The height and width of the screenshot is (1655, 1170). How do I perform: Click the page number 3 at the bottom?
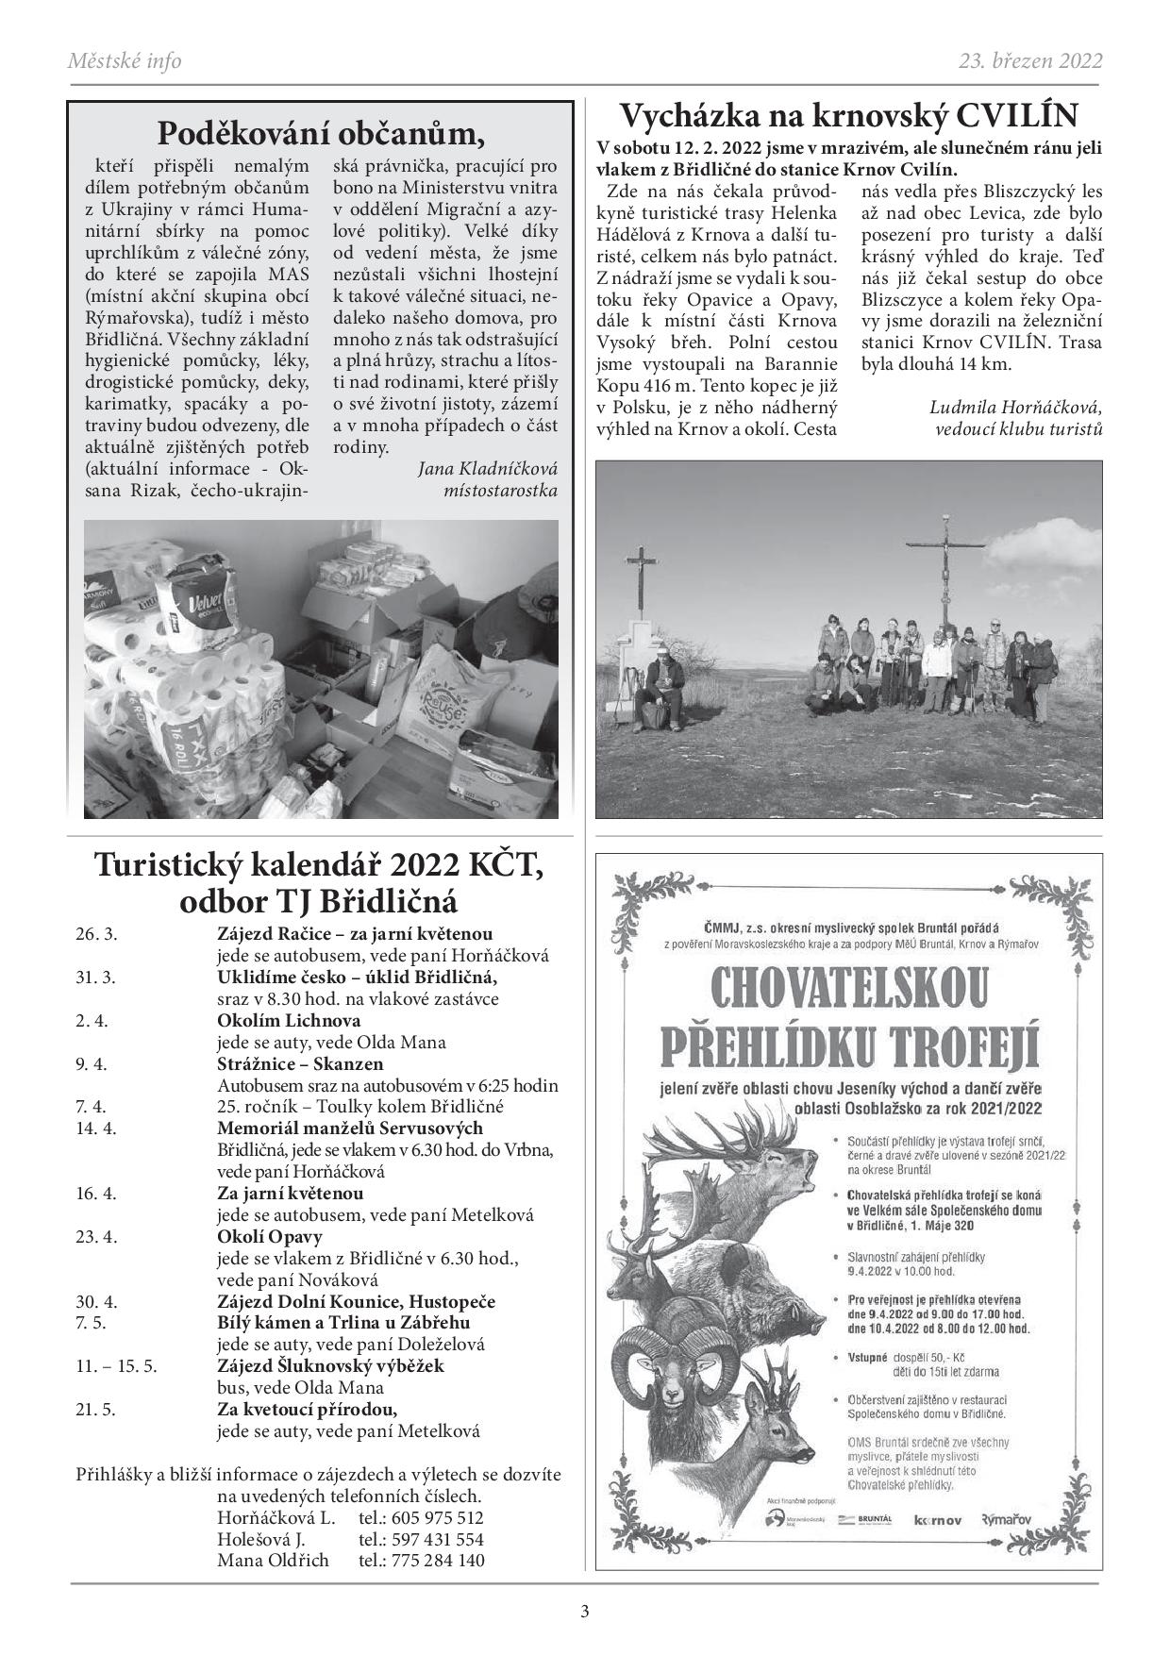(x=584, y=1611)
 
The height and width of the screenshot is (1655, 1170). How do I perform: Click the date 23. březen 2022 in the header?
(x=1029, y=61)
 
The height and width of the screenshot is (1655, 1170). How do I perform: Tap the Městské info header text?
(x=125, y=61)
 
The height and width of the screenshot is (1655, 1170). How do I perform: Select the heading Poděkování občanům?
(x=321, y=132)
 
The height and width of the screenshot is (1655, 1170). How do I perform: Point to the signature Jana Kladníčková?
(x=487, y=468)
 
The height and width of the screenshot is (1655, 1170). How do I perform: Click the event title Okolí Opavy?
(x=270, y=1236)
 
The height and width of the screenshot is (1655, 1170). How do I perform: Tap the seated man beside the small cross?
(x=662, y=684)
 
